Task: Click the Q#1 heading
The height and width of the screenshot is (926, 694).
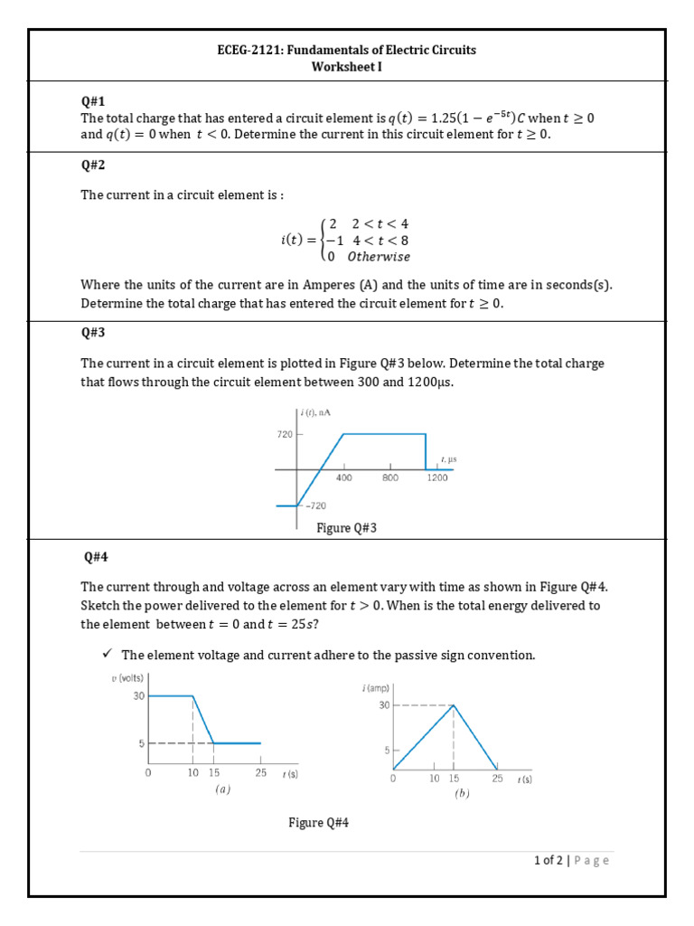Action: coord(93,101)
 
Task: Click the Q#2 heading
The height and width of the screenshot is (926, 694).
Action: coord(93,165)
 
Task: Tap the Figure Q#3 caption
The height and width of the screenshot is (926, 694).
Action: coord(346,528)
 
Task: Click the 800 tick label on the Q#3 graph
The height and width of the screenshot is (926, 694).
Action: coord(389,478)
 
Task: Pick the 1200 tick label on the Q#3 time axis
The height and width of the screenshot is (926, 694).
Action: coord(436,478)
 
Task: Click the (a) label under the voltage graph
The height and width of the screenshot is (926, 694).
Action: coord(222,789)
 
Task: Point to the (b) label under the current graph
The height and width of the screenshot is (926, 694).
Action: coord(463,793)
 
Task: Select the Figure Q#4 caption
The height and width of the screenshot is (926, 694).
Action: coord(319,822)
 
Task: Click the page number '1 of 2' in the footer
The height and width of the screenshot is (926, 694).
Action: coord(549,861)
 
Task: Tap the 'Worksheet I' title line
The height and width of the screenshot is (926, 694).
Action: coord(346,66)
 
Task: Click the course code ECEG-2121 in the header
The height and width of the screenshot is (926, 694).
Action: coord(249,50)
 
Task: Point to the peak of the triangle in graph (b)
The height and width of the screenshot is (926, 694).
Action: coord(454,705)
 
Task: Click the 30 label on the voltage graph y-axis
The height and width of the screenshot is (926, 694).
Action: coord(139,696)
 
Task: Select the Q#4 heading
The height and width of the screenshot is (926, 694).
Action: coord(93,555)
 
